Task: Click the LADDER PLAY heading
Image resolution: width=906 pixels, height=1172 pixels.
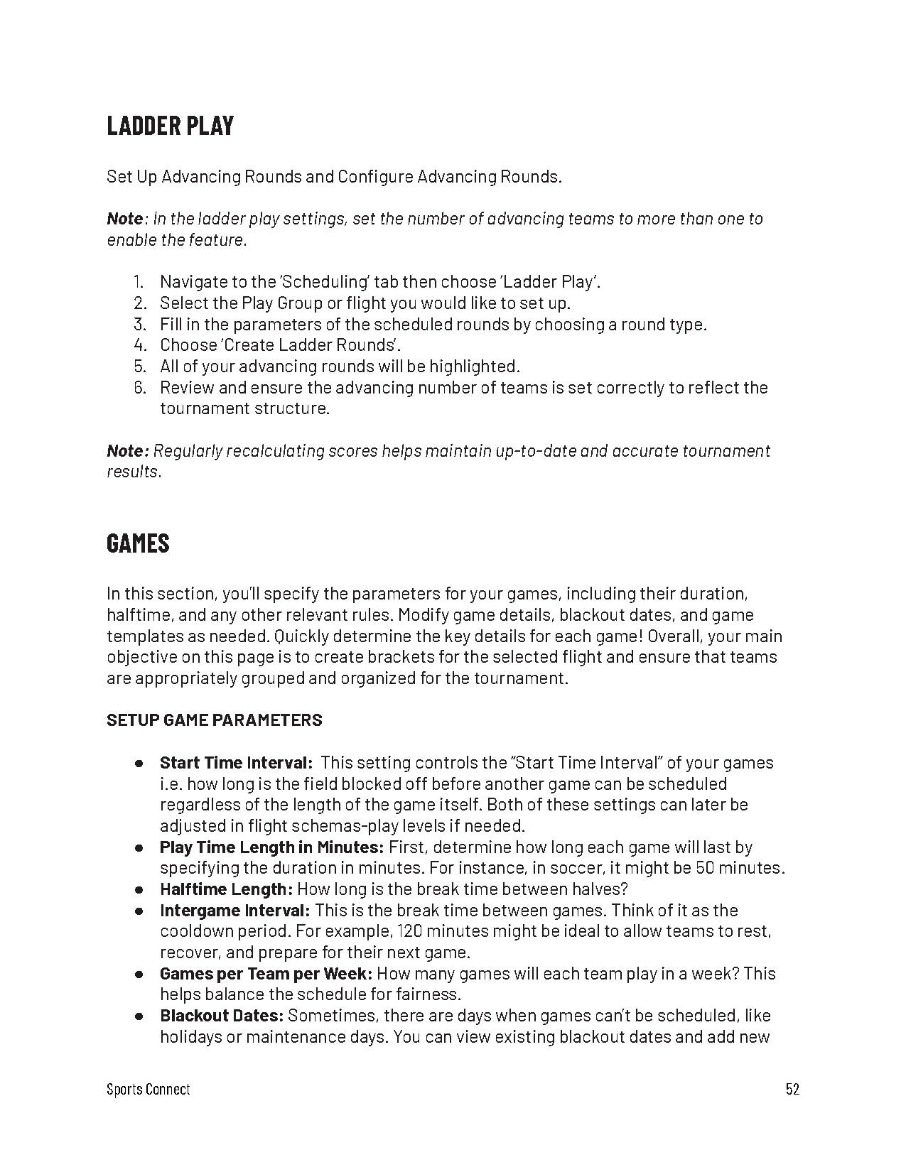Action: (x=170, y=126)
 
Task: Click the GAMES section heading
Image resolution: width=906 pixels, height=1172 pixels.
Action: (x=138, y=543)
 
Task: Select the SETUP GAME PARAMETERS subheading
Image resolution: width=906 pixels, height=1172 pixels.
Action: (x=214, y=720)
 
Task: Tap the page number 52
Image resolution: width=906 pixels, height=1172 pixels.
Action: (x=792, y=1089)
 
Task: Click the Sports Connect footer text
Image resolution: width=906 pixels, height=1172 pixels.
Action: (x=148, y=1089)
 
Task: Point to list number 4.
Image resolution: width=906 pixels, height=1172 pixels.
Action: (x=139, y=345)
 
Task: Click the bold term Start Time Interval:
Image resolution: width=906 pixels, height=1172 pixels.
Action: (x=236, y=763)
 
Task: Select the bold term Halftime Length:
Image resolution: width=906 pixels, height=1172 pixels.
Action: (x=226, y=889)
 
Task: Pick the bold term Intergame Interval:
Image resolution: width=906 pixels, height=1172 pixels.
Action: (x=234, y=911)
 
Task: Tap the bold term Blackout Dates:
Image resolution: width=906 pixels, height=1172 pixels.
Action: (x=222, y=1016)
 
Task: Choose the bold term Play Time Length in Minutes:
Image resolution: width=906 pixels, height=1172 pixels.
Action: (x=271, y=847)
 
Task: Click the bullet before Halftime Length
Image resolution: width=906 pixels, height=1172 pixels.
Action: (x=139, y=890)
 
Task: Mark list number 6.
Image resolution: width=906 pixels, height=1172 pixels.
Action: (x=139, y=388)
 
